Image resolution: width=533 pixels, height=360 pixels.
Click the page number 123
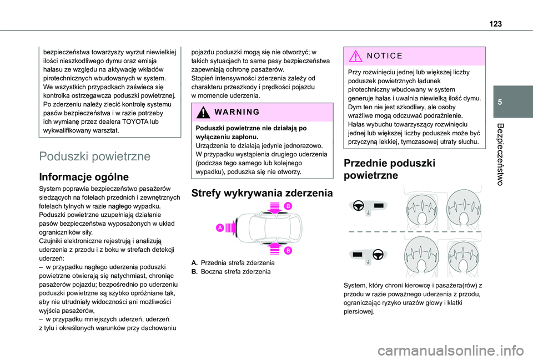(496, 22)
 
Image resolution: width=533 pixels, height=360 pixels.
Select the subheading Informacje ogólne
(84, 178)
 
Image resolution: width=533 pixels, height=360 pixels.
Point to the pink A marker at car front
(221, 227)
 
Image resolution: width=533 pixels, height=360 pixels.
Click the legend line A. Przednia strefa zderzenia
(232, 262)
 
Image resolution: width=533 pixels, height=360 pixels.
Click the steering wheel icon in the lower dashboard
(378, 255)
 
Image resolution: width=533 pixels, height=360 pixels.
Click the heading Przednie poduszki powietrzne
(382, 169)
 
